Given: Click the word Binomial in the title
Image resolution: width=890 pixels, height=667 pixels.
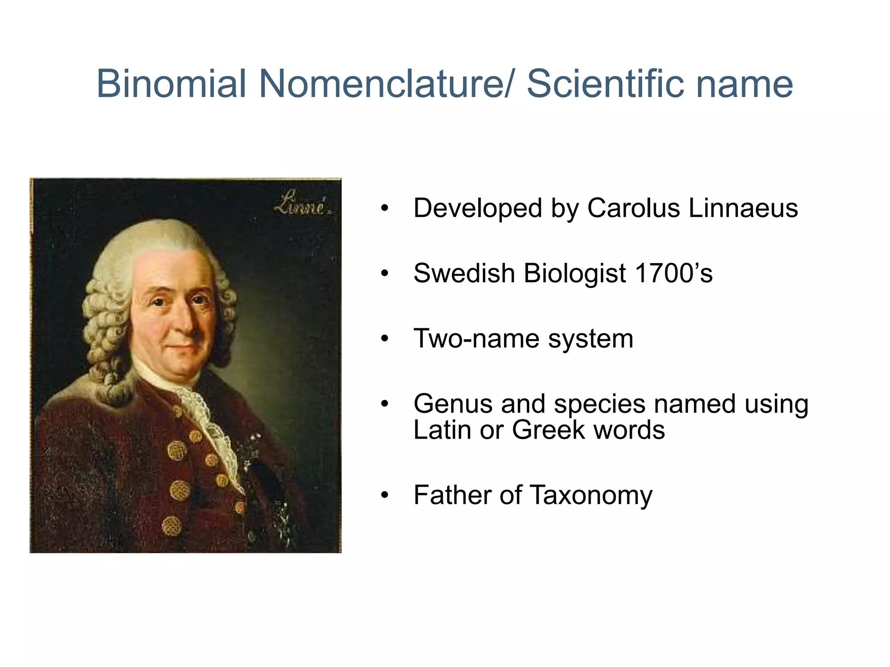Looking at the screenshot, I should (171, 83).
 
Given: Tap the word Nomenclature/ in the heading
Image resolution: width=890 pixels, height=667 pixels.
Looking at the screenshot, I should (386, 83).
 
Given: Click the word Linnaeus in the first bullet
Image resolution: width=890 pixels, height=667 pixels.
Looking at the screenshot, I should (743, 208).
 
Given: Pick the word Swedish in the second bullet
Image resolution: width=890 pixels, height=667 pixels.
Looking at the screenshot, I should (464, 273).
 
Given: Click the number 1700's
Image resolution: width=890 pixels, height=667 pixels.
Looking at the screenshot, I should (674, 273).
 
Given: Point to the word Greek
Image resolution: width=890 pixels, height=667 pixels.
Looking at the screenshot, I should (548, 430).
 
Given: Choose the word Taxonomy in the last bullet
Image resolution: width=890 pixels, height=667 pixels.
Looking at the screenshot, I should (591, 495).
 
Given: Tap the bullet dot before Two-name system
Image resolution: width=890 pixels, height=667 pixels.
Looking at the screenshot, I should (384, 339).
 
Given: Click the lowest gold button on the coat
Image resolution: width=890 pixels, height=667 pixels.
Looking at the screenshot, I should (171, 527).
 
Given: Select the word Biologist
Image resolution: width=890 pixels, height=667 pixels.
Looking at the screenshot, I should (574, 274).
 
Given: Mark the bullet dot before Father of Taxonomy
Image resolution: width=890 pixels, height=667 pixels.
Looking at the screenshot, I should (384, 495).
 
